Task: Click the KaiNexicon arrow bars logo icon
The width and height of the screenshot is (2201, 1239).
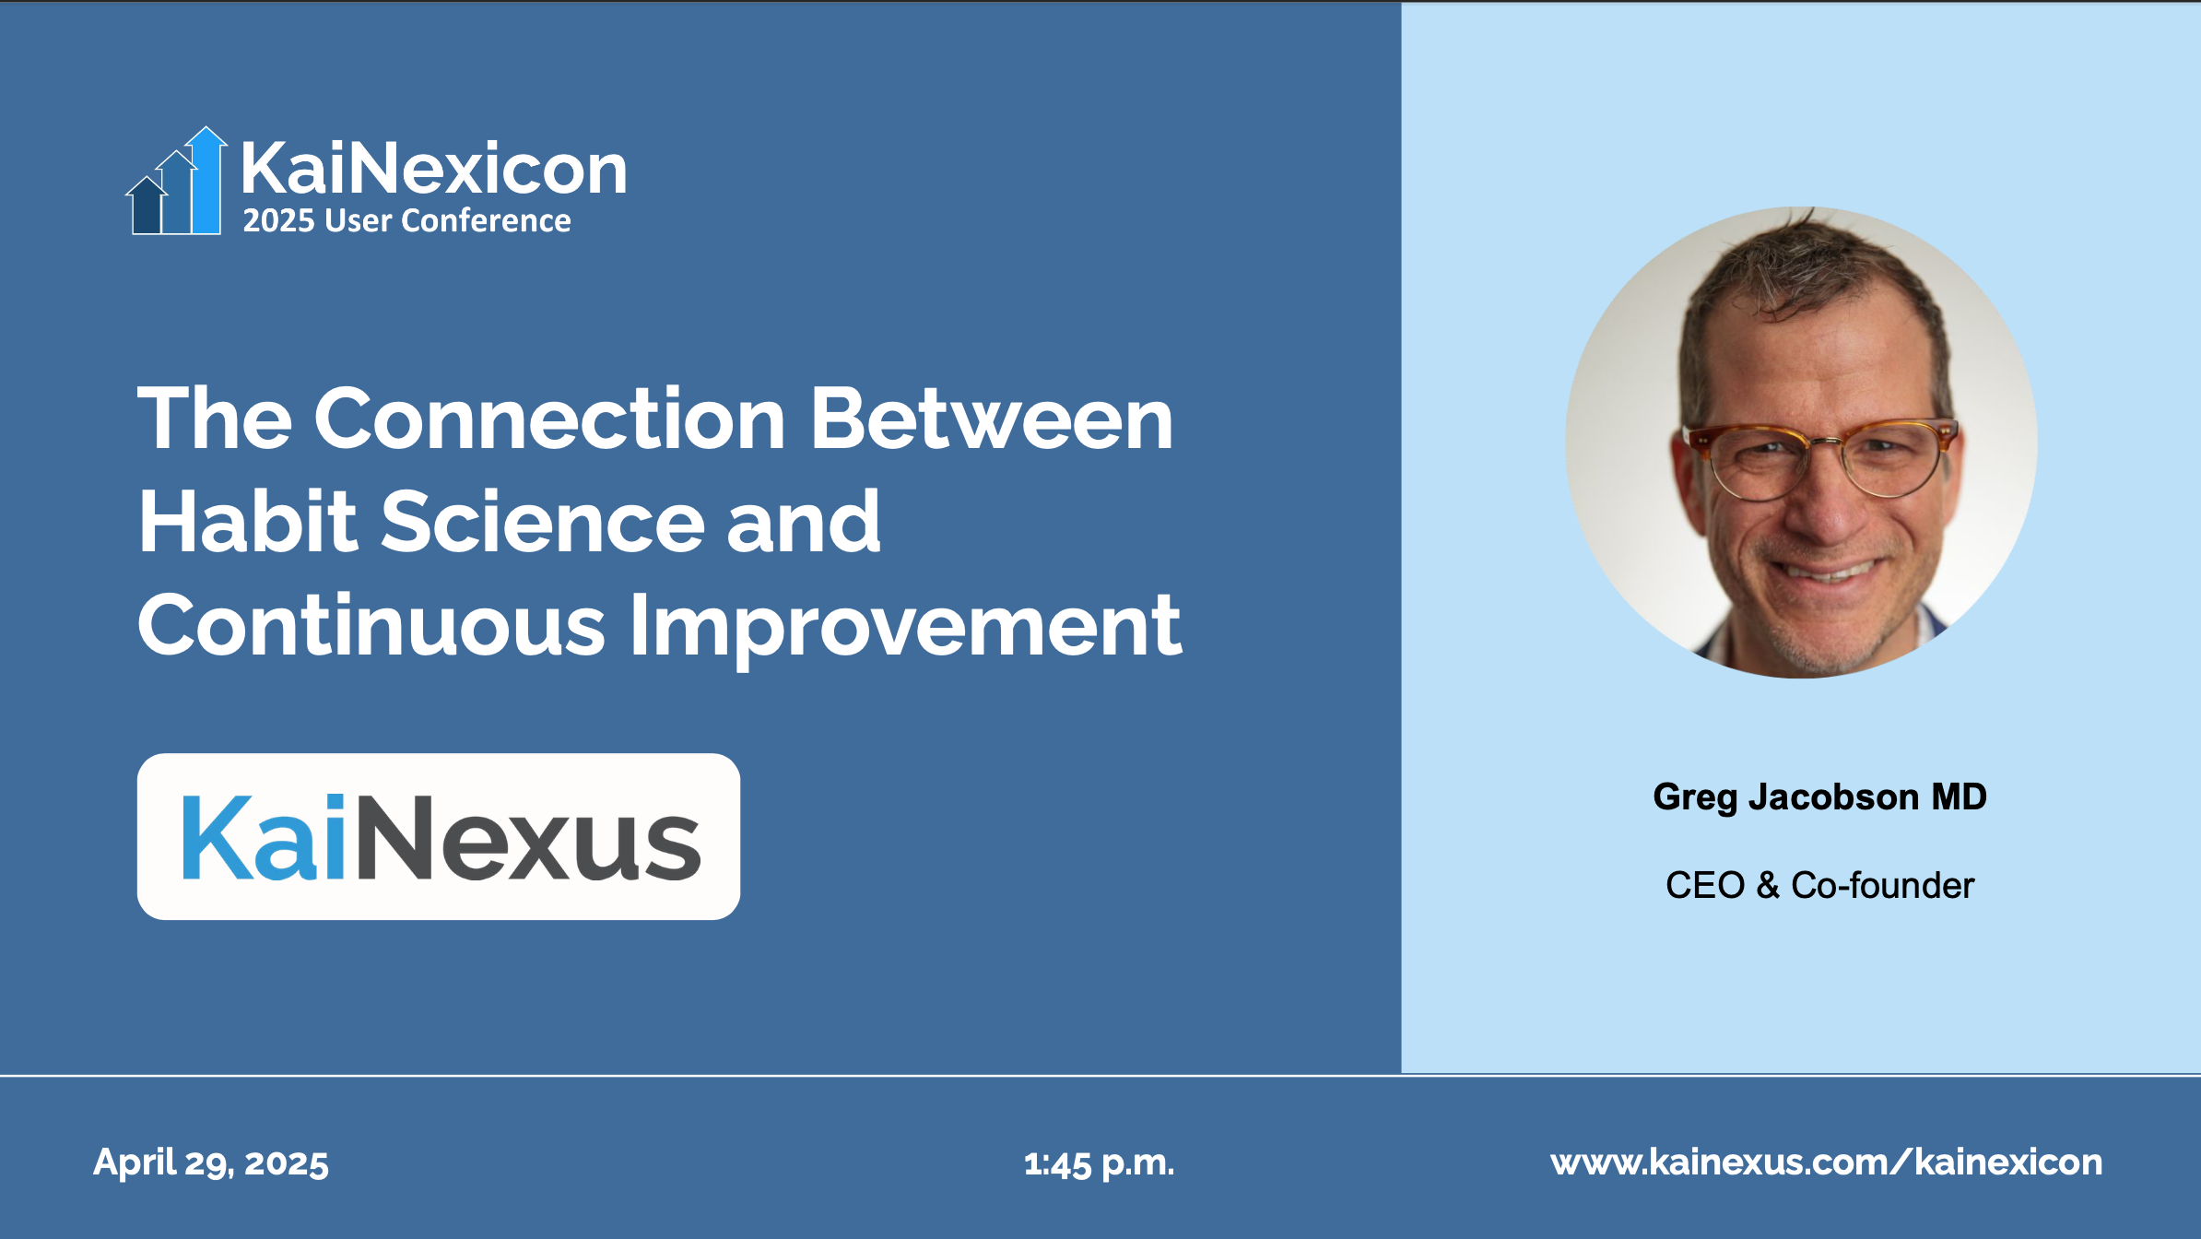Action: click(x=176, y=182)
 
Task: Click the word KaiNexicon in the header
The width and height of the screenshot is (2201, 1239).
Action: click(x=434, y=169)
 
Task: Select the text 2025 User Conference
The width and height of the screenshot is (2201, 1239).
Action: click(x=406, y=221)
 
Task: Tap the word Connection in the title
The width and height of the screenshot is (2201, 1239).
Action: click(x=550, y=419)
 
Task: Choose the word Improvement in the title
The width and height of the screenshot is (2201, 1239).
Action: click(x=905, y=628)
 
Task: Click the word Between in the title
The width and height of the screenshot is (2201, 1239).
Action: click(x=992, y=419)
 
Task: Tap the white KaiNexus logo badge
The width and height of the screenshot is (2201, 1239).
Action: click(x=439, y=836)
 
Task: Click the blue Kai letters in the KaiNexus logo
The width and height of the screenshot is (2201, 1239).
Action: click(x=264, y=837)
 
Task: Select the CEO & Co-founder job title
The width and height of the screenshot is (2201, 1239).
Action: click(x=1819, y=885)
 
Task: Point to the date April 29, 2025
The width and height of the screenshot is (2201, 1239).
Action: click(x=211, y=1163)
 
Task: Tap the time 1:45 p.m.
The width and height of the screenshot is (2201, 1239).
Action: click(x=1099, y=1163)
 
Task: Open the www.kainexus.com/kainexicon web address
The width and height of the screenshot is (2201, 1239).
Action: click(x=1827, y=1162)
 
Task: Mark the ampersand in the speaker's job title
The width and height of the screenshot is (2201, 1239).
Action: click(x=1768, y=885)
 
